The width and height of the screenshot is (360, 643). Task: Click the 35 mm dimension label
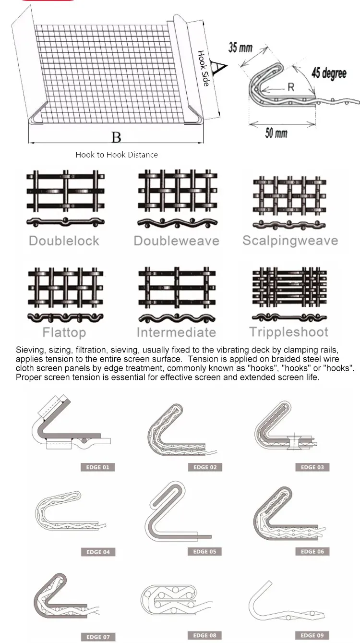[240, 48]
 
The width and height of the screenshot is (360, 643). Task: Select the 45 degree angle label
[329, 73]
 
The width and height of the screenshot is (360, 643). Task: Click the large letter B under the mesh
[116, 138]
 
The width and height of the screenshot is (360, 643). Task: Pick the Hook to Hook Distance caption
[117, 155]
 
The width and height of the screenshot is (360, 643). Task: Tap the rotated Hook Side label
[204, 68]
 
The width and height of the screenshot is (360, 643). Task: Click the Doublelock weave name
[64, 241]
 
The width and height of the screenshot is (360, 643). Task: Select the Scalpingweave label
[290, 241]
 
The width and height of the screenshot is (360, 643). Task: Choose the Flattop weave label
[64, 332]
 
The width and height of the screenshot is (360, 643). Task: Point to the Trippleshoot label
[289, 332]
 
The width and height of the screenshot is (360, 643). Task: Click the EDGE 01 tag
[98, 467]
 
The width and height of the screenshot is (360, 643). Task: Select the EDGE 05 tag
[204, 552]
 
